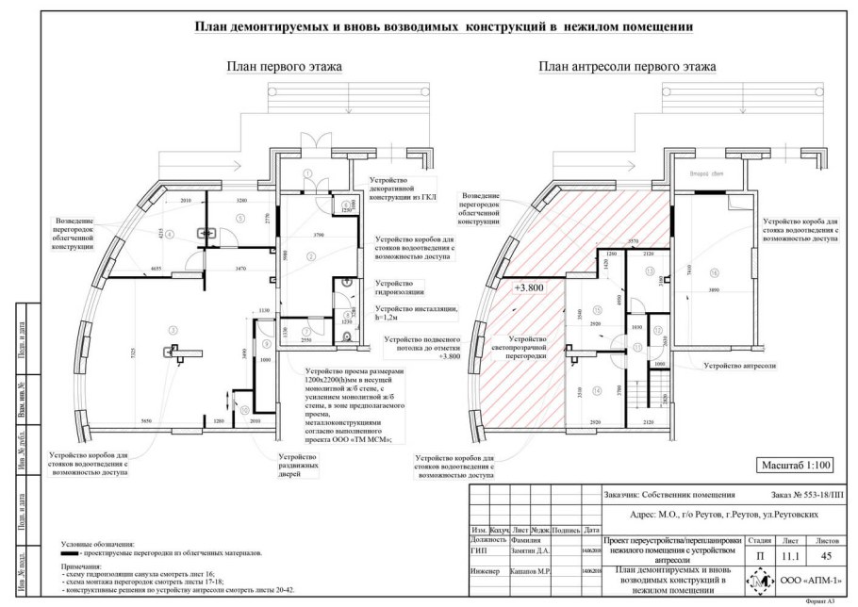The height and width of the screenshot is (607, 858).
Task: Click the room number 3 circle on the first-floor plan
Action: [172, 329]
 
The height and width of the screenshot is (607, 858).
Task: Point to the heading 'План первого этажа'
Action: [283, 67]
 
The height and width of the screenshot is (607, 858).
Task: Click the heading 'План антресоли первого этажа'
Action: [627, 67]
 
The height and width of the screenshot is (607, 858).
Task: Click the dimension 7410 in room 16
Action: [691, 271]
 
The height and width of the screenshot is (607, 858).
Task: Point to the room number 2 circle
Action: [310, 255]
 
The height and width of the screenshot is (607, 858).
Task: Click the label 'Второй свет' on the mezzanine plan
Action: [702, 175]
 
